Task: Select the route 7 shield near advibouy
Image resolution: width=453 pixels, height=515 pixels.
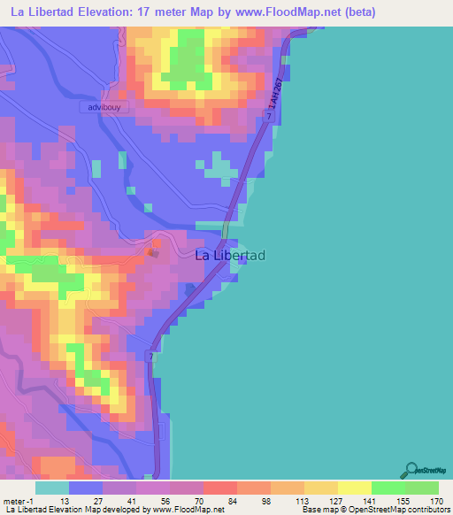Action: tap(267, 117)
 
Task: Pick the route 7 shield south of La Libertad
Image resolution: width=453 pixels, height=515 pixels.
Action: tap(151, 356)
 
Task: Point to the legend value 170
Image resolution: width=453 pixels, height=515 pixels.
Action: tap(436, 500)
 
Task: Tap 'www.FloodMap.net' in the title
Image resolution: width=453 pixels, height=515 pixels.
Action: tap(287, 12)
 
